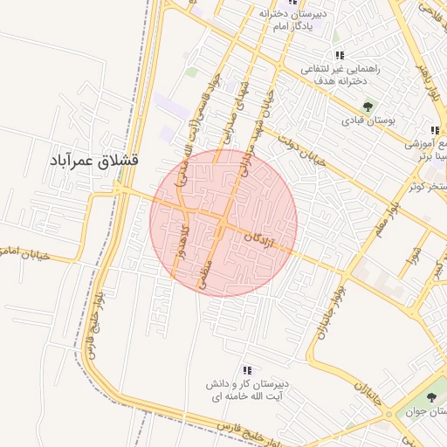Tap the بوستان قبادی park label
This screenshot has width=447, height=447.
[369, 121]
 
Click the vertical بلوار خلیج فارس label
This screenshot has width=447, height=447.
[91, 325]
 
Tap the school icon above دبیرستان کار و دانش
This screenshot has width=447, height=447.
[247, 370]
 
